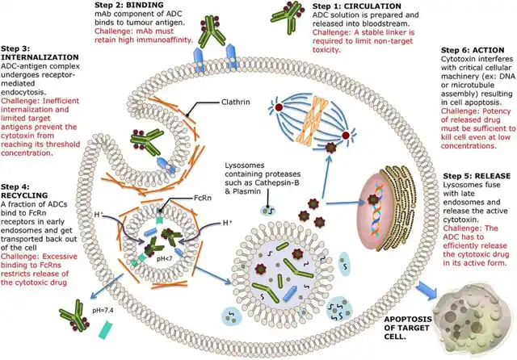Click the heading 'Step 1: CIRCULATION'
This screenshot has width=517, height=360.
pyautogui.click(x=357, y=6)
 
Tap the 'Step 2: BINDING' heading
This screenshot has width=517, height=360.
pyautogui.click(x=129, y=5)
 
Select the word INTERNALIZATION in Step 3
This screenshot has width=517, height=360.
pyautogui.click(x=40, y=57)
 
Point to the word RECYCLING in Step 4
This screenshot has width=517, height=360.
pyautogui.click(x=24, y=195)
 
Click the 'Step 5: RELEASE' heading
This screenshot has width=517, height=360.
pyautogui.click(x=477, y=176)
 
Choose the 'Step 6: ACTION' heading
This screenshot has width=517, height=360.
pyautogui.click(x=473, y=50)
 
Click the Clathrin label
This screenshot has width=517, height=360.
pyautogui.click(x=235, y=102)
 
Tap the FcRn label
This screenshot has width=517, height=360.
pyautogui.click(x=203, y=198)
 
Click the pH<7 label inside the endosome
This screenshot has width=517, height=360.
pyautogui.click(x=163, y=258)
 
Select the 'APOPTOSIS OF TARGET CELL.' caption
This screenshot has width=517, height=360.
pyautogui.click(x=408, y=328)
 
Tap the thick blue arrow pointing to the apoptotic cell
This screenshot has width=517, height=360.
pyautogui.click(x=427, y=290)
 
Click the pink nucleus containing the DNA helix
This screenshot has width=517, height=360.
pyautogui.click(x=375, y=211)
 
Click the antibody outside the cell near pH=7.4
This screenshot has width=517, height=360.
pyautogui.click(x=75, y=316)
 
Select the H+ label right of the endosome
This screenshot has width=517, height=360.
pyautogui.click(x=228, y=223)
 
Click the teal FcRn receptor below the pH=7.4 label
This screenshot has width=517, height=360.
pyautogui.click(x=107, y=329)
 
